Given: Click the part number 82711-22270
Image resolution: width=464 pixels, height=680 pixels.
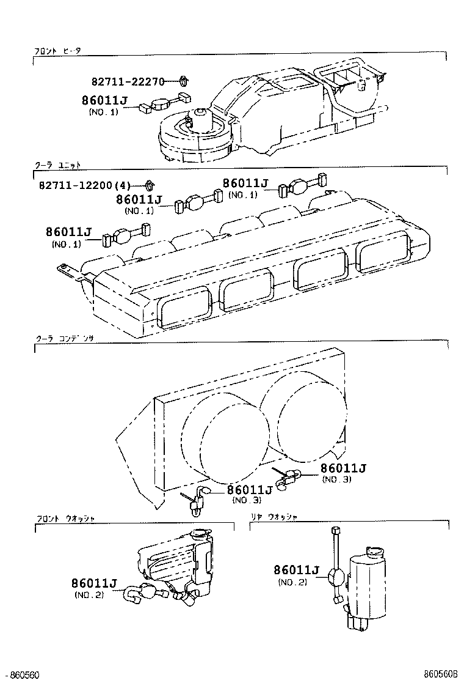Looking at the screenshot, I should [x=128, y=82].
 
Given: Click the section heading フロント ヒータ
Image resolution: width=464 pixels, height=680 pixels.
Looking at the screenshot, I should [x=57, y=52].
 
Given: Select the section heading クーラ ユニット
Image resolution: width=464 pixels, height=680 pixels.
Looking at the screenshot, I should [x=57, y=165].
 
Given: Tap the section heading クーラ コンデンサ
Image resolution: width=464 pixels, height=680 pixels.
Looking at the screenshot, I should [x=62, y=338].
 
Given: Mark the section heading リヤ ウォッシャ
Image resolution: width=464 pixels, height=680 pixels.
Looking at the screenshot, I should [x=274, y=517].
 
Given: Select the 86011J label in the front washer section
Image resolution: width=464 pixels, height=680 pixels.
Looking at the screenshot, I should [x=93, y=583].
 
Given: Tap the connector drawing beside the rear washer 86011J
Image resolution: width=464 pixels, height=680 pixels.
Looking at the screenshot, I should [x=335, y=575].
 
